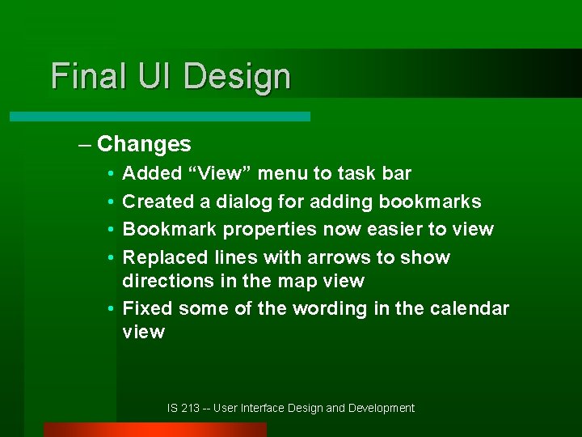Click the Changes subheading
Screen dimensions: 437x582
coord(143,144)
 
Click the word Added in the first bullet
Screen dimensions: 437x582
coord(151,173)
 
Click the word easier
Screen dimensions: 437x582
coord(394,229)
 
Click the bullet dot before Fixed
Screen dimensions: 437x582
coord(109,309)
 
